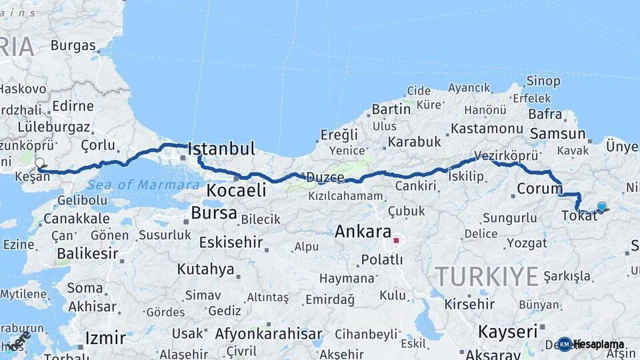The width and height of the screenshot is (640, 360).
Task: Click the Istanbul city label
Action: coord(222,148)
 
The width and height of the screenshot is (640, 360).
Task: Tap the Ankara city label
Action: coord(363,232)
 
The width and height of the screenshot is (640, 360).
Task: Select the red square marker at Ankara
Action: coord(396,240)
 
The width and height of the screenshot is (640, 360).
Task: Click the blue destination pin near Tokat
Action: coord(602,207)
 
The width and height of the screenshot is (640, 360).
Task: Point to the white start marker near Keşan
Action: coord(39,163)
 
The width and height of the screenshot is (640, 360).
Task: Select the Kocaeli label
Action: coord(236,190)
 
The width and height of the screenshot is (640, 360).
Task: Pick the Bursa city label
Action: coord(213,213)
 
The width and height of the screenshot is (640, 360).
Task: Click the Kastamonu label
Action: coord(486,128)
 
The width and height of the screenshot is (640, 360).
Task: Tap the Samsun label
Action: coord(553,134)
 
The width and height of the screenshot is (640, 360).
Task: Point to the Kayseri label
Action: coord(508,331)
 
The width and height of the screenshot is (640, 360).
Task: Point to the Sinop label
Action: coord(543,81)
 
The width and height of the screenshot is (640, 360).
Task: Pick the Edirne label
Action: coord(73,106)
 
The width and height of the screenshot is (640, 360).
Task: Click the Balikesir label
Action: coord(87,253)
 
